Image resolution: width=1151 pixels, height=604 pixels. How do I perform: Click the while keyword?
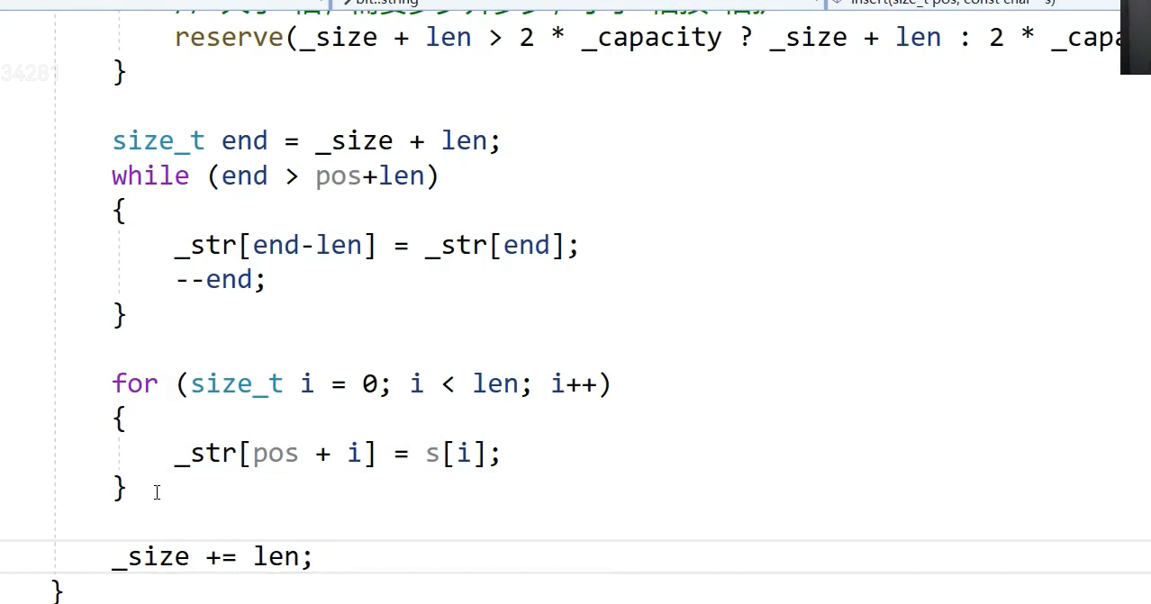tap(150, 176)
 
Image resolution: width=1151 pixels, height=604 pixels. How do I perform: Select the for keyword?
tap(134, 384)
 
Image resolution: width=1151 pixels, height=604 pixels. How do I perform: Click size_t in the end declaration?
tap(158, 141)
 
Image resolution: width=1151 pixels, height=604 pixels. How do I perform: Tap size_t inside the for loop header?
tap(236, 384)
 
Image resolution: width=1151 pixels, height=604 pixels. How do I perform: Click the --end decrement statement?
tap(220, 280)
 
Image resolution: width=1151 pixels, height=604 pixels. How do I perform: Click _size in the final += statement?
tap(150, 557)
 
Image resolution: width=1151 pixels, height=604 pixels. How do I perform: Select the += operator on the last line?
tap(221, 557)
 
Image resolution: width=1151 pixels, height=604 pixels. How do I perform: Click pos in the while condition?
tap(338, 176)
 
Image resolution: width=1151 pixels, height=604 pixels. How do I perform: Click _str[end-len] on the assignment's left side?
tap(275, 246)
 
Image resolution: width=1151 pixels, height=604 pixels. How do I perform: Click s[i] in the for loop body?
tap(455, 454)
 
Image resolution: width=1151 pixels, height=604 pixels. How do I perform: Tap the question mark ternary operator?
tap(746, 38)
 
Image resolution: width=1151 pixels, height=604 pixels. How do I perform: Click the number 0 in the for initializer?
tap(369, 384)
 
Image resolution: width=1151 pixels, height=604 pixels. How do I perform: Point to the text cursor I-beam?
tap(157, 492)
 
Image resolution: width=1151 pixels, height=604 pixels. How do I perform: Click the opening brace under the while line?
tap(119, 212)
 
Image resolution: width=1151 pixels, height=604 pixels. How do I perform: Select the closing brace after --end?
tap(119, 315)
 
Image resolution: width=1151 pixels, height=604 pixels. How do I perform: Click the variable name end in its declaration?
tap(244, 141)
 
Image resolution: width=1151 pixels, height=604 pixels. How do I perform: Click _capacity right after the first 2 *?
tap(650, 38)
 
